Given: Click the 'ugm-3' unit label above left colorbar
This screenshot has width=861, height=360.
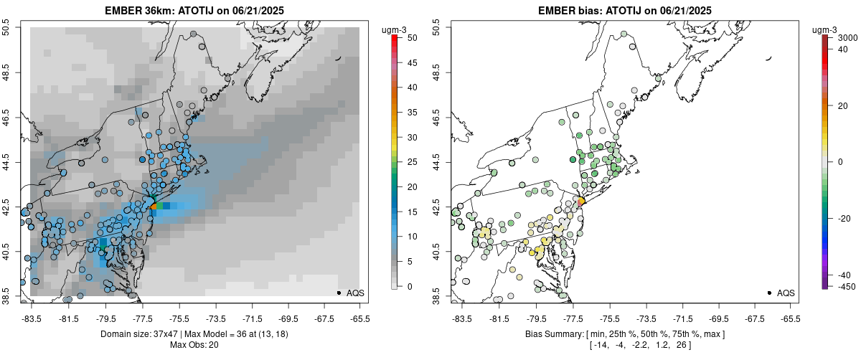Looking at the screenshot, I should click(x=395, y=29).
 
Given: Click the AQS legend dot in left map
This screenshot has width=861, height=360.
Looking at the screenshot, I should click(x=338, y=293).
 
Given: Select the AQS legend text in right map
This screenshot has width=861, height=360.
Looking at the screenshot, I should click(x=786, y=293).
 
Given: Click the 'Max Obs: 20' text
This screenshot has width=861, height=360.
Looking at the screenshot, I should click(x=194, y=345).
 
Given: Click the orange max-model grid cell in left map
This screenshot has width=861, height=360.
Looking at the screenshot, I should click(x=154, y=206).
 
